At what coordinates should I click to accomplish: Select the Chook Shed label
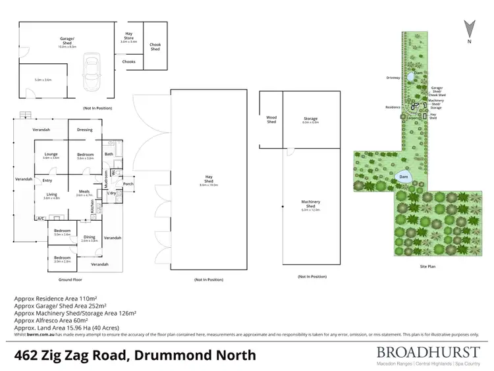155,47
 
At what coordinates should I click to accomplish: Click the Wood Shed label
271,120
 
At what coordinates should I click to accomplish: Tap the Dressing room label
84,130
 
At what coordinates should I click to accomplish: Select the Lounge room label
51,155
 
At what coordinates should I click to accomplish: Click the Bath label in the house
109,154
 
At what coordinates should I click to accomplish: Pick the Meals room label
82,191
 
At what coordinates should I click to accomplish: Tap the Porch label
128,184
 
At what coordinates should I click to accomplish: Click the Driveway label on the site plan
393,78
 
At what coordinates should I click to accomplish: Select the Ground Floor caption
70,280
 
